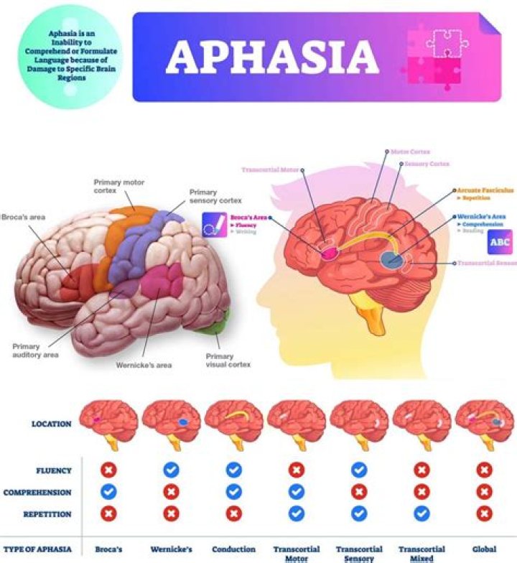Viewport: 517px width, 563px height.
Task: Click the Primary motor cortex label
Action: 118,187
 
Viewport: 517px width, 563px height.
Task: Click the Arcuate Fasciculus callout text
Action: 485,190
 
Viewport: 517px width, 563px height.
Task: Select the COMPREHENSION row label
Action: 37,493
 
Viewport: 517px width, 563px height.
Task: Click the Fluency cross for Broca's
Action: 108,470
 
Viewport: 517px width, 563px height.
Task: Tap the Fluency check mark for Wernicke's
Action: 171,470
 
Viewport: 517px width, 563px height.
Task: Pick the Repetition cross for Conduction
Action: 233,515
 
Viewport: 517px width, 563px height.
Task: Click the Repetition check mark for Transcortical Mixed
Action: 421,515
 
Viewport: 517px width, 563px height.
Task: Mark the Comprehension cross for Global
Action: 485,493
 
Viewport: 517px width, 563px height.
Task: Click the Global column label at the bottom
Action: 484,549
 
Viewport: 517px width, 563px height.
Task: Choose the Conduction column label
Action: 233,549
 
